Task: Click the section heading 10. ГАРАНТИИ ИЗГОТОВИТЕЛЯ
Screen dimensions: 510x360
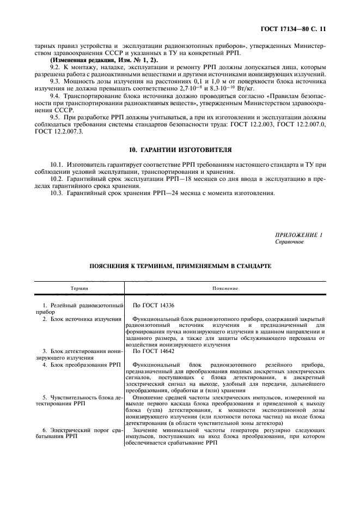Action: (180, 149)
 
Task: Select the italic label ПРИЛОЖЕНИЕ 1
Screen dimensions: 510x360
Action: (298, 235)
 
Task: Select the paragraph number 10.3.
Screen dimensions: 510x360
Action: (57, 193)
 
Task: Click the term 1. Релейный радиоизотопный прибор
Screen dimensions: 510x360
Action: (79, 309)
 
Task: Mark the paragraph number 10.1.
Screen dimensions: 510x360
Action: (57, 165)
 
